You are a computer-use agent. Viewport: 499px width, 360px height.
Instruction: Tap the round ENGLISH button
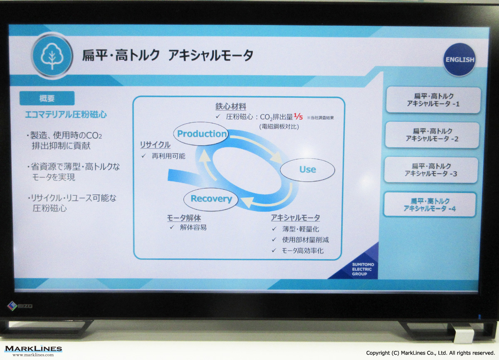tap(459, 60)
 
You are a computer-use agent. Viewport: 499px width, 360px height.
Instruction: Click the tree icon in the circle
tap(52, 56)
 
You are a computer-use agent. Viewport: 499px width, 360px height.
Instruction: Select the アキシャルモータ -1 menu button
tap(433, 100)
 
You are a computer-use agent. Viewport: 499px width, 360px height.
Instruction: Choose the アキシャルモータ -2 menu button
tap(432, 135)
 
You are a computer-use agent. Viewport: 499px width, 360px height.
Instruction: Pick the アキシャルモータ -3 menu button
tap(431, 170)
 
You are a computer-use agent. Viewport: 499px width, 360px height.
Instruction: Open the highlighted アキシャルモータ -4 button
tap(430, 205)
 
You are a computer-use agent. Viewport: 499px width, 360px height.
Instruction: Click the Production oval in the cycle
tap(201, 134)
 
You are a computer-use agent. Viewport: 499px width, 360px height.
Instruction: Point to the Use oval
tap(307, 170)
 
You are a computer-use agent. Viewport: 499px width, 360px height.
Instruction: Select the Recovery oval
tap(211, 199)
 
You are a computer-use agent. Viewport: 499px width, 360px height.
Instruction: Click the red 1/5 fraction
tap(298, 117)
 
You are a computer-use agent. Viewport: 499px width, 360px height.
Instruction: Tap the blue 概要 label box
tap(47, 98)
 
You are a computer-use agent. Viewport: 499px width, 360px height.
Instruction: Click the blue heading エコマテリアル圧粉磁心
tap(66, 115)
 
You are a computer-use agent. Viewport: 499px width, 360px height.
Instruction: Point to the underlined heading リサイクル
tap(155, 145)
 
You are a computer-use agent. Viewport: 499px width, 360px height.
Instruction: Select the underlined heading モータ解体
tap(184, 218)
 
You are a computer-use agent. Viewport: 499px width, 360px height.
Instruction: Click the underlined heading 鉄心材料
tap(230, 107)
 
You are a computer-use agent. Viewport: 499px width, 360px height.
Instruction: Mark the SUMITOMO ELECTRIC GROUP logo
tap(361, 269)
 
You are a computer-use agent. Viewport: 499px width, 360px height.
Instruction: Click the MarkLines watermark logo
tap(33, 350)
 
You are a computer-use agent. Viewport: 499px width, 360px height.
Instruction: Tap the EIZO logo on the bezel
tap(20, 306)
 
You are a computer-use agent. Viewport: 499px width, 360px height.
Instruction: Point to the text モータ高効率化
tap(303, 251)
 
